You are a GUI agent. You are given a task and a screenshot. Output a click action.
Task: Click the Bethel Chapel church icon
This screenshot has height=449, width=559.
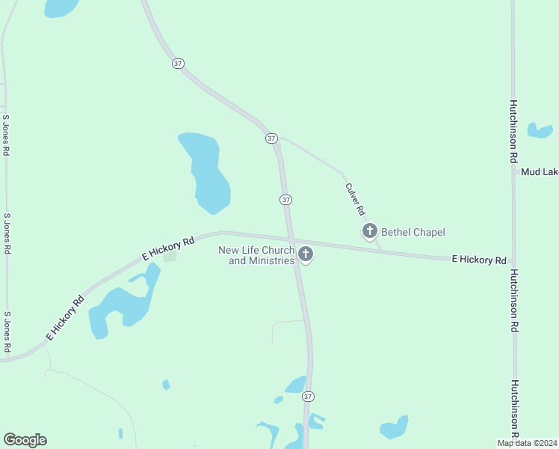[x=369, y=231]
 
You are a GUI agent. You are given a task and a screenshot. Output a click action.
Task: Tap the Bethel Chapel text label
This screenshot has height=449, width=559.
[x=413, y=232]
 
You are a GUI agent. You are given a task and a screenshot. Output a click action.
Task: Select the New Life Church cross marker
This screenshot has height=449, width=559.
[x=305, y=254]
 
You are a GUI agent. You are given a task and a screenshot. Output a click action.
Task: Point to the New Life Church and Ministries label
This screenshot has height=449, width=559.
[x=256, y=255]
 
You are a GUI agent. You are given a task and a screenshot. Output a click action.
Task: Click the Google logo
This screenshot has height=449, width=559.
[x=25, y=440]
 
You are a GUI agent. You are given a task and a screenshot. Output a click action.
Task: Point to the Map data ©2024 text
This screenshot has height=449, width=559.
[x=527, y=443]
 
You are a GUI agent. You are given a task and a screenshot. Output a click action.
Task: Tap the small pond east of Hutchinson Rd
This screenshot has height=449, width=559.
[x=540, y=131]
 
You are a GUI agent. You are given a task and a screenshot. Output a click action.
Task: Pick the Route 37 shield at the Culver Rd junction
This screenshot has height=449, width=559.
[x=271, y=138]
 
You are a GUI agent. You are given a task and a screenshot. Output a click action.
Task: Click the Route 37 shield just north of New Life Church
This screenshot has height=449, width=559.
[x=285, y=200]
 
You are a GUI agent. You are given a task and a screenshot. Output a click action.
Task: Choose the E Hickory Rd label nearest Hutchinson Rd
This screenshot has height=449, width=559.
[x=479, y=260]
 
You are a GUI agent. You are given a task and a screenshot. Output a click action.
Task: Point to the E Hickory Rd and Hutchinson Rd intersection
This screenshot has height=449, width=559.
[x=513, y=260]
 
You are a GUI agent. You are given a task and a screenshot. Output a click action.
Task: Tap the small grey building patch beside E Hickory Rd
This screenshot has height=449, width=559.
[x=170, y=257]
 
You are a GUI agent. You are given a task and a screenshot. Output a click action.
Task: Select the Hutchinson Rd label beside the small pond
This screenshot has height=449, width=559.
[x=515, y=132]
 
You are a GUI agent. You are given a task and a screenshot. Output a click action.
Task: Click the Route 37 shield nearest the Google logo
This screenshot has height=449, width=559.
[x=309, y=396]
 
